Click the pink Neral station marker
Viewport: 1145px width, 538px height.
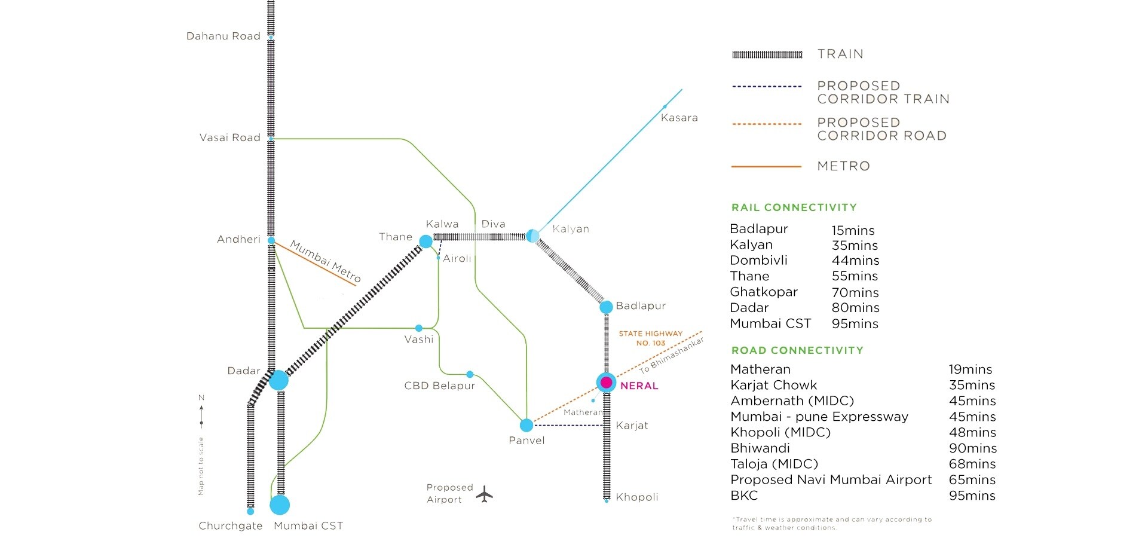606,383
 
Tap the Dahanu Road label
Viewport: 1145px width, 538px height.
224,36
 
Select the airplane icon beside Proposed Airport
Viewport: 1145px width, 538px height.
485,494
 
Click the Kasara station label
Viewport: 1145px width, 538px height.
679,118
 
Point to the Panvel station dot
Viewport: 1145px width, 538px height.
526,425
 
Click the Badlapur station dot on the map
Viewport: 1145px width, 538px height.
606,307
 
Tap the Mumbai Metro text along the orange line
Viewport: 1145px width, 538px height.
326,261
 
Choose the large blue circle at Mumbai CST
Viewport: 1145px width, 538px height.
280,505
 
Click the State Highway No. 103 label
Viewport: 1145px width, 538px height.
650,338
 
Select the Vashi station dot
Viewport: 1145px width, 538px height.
418,328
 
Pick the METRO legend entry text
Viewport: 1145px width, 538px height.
843,166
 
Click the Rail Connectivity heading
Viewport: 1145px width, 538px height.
794,207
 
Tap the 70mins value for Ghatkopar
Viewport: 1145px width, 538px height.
855,292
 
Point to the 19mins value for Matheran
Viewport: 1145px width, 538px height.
970,369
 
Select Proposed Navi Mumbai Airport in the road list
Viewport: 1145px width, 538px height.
831,479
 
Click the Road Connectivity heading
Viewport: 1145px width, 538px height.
797,350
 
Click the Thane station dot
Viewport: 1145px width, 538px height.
425,242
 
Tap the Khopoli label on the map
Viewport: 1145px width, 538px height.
636,497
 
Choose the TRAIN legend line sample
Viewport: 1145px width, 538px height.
767,54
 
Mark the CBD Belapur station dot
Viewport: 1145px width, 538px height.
470,374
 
